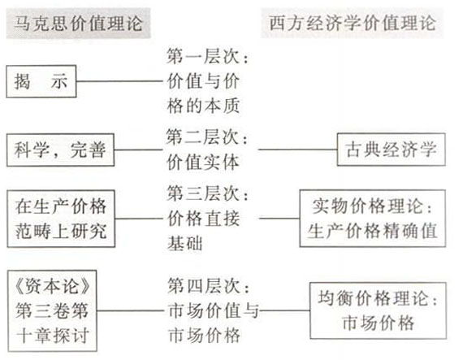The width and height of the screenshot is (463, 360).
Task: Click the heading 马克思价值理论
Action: tap(78, 24)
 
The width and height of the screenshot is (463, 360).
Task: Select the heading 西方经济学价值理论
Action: tap(353, 23)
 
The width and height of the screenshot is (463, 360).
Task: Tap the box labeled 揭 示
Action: tap(41, 81)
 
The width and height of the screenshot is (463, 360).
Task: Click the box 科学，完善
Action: tap(61, 150)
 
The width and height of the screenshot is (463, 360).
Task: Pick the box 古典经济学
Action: tap(392, 150)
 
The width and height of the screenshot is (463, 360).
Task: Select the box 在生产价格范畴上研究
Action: tap(61, 219)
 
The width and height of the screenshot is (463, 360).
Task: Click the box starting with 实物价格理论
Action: tap(373, 219)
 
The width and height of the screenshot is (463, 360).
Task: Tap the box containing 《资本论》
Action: tap(52, 311)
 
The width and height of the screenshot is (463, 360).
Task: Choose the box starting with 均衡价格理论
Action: tap(378, 310)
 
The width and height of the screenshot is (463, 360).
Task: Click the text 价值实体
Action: tap(203, 163)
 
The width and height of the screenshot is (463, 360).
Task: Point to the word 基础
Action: tap(185, 244)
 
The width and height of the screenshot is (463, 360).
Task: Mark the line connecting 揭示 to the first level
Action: tap(119, 81)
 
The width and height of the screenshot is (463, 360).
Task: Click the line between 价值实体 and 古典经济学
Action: tap(298, 150)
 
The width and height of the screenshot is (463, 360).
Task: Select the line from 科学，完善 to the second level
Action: tap(138, 150)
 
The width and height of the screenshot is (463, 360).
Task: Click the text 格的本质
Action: tap(203, 106)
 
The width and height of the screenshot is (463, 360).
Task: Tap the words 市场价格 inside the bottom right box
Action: tap(379, 323)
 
